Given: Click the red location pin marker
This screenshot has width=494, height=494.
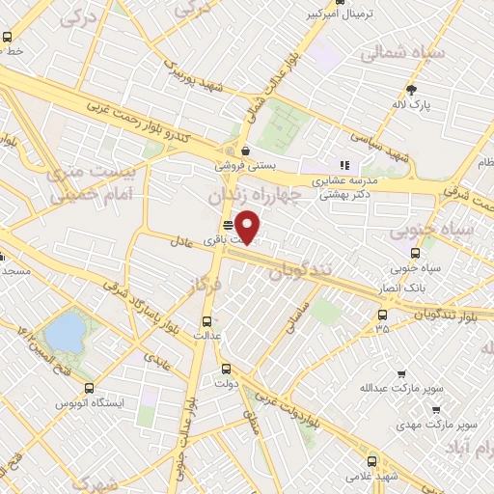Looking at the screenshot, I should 249,226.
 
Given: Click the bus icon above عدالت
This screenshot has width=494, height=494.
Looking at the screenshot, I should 206,322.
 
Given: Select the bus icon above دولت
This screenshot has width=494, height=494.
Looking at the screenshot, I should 226,368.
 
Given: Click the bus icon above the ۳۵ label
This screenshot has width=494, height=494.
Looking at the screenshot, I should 383,315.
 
